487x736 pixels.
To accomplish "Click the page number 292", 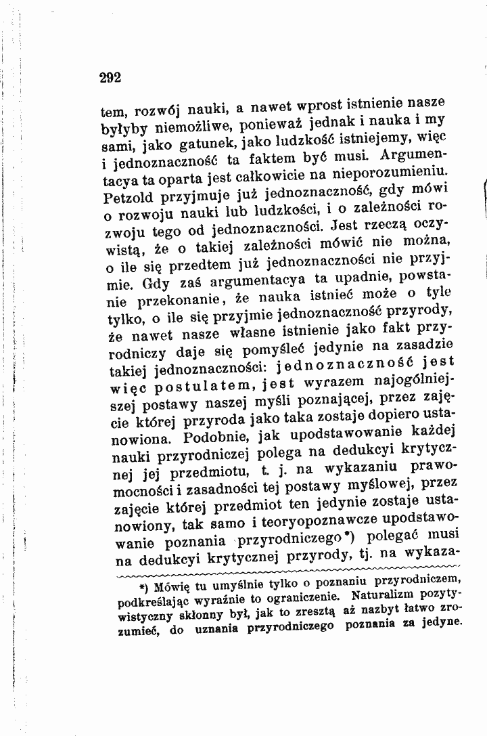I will tap(109, 77).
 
